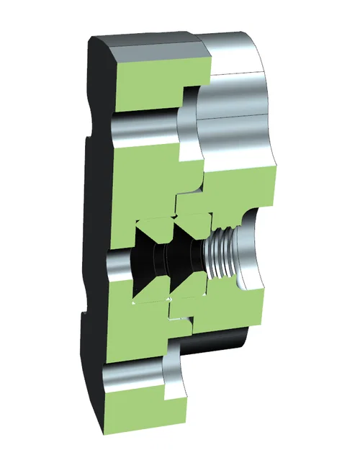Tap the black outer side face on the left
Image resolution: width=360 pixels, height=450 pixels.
pyautogui.click(x=94, y=216)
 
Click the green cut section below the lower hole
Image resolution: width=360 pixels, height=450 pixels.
pyautogui.click(x=140, y=418)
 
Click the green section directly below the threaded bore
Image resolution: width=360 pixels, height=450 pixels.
pyautogui.click(x=223, y=310)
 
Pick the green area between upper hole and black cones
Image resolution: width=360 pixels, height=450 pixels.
pyautogui.click(x=144, y=180)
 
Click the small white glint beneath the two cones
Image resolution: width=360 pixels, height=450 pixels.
pyautogui.click(x=168, y=298)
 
